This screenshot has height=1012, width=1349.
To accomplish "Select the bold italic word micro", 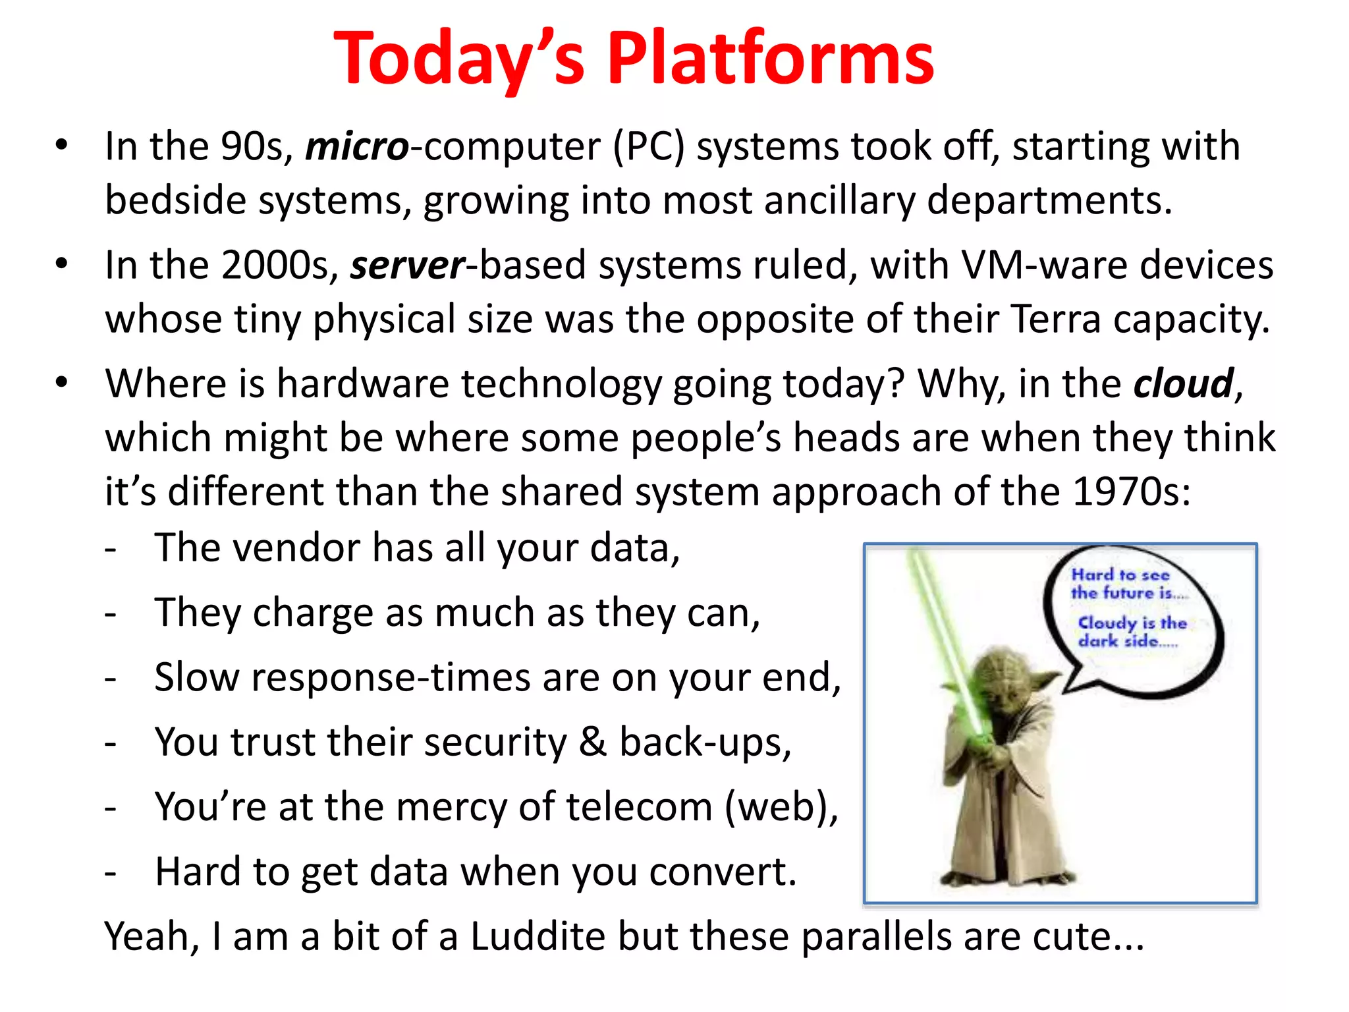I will coord(357,146).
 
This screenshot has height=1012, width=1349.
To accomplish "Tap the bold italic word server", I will coord(408,266).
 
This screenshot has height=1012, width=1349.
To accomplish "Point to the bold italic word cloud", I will coord(1183,384).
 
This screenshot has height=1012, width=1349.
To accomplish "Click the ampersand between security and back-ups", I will coord(592,743).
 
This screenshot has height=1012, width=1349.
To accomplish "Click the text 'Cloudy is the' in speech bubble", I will coord(1132,623).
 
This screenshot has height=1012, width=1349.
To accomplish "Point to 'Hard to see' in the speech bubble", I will coord(1120,575).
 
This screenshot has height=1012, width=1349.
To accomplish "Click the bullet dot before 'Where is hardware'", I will coord(62,383).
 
